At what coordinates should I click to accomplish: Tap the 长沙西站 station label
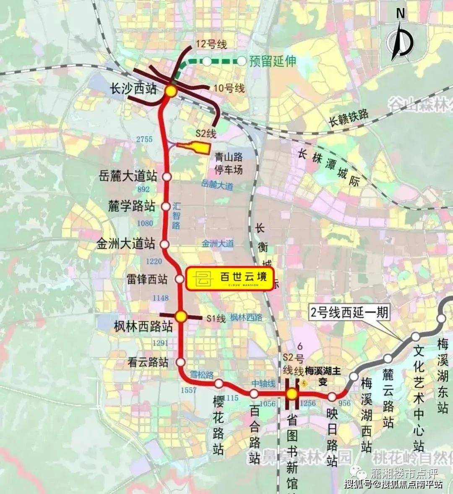point(133,89)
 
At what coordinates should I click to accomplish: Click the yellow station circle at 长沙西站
point(171,91)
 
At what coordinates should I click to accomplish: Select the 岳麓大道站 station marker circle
point(167,177)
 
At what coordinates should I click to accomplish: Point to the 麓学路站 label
point(132,206)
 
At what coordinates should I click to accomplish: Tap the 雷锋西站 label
point(147,279)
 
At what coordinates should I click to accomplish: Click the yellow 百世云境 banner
point(229,278)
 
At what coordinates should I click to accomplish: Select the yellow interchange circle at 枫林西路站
point(181,316)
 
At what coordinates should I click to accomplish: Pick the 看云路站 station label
point(148,362)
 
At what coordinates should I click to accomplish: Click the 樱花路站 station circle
point(219,383)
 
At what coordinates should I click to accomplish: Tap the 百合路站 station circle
point(254,394)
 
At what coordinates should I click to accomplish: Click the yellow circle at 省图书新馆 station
point(292,394)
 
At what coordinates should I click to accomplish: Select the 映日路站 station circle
point(332,397)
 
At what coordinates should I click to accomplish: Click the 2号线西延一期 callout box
point(349,313)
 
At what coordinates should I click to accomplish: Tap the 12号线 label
point(211,44)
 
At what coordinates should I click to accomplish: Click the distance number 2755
point(144,139)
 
